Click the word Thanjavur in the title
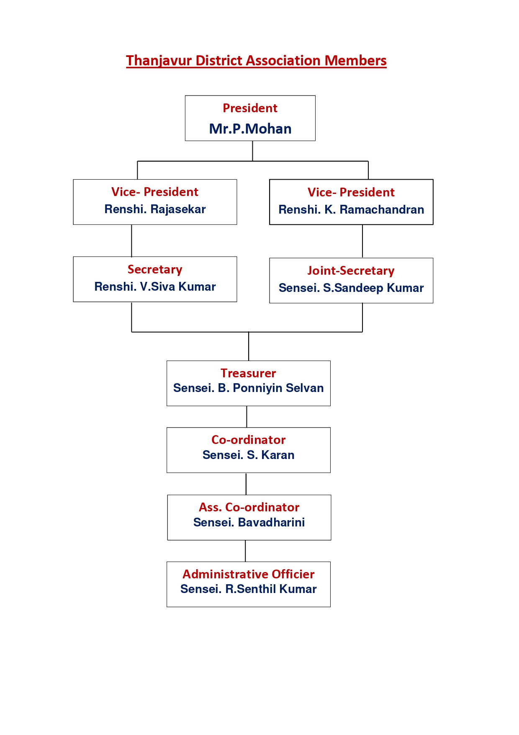pos(159,61)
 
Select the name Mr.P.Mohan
pos(250,129)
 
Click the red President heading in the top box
pos(250,108)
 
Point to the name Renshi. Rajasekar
pos(155,209)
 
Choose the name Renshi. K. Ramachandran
pos(351,209)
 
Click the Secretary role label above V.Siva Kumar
pos(155,269)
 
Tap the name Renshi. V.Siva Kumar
pos(155,286)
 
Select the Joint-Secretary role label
pos(351,271)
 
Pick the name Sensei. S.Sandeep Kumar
pos(351,288)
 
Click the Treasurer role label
pos(249,373)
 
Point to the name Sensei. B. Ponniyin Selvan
pos(249,388)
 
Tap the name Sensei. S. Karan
pos(249,455)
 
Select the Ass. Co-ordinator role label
pos(249,507)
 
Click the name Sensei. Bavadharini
pos(249,522)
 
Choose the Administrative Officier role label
pos(249,574)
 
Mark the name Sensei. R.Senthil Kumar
pos(249,589)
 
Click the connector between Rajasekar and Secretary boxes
pos(131,241)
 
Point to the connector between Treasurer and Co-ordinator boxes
pos(247,417)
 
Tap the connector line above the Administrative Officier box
pos(245,551)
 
